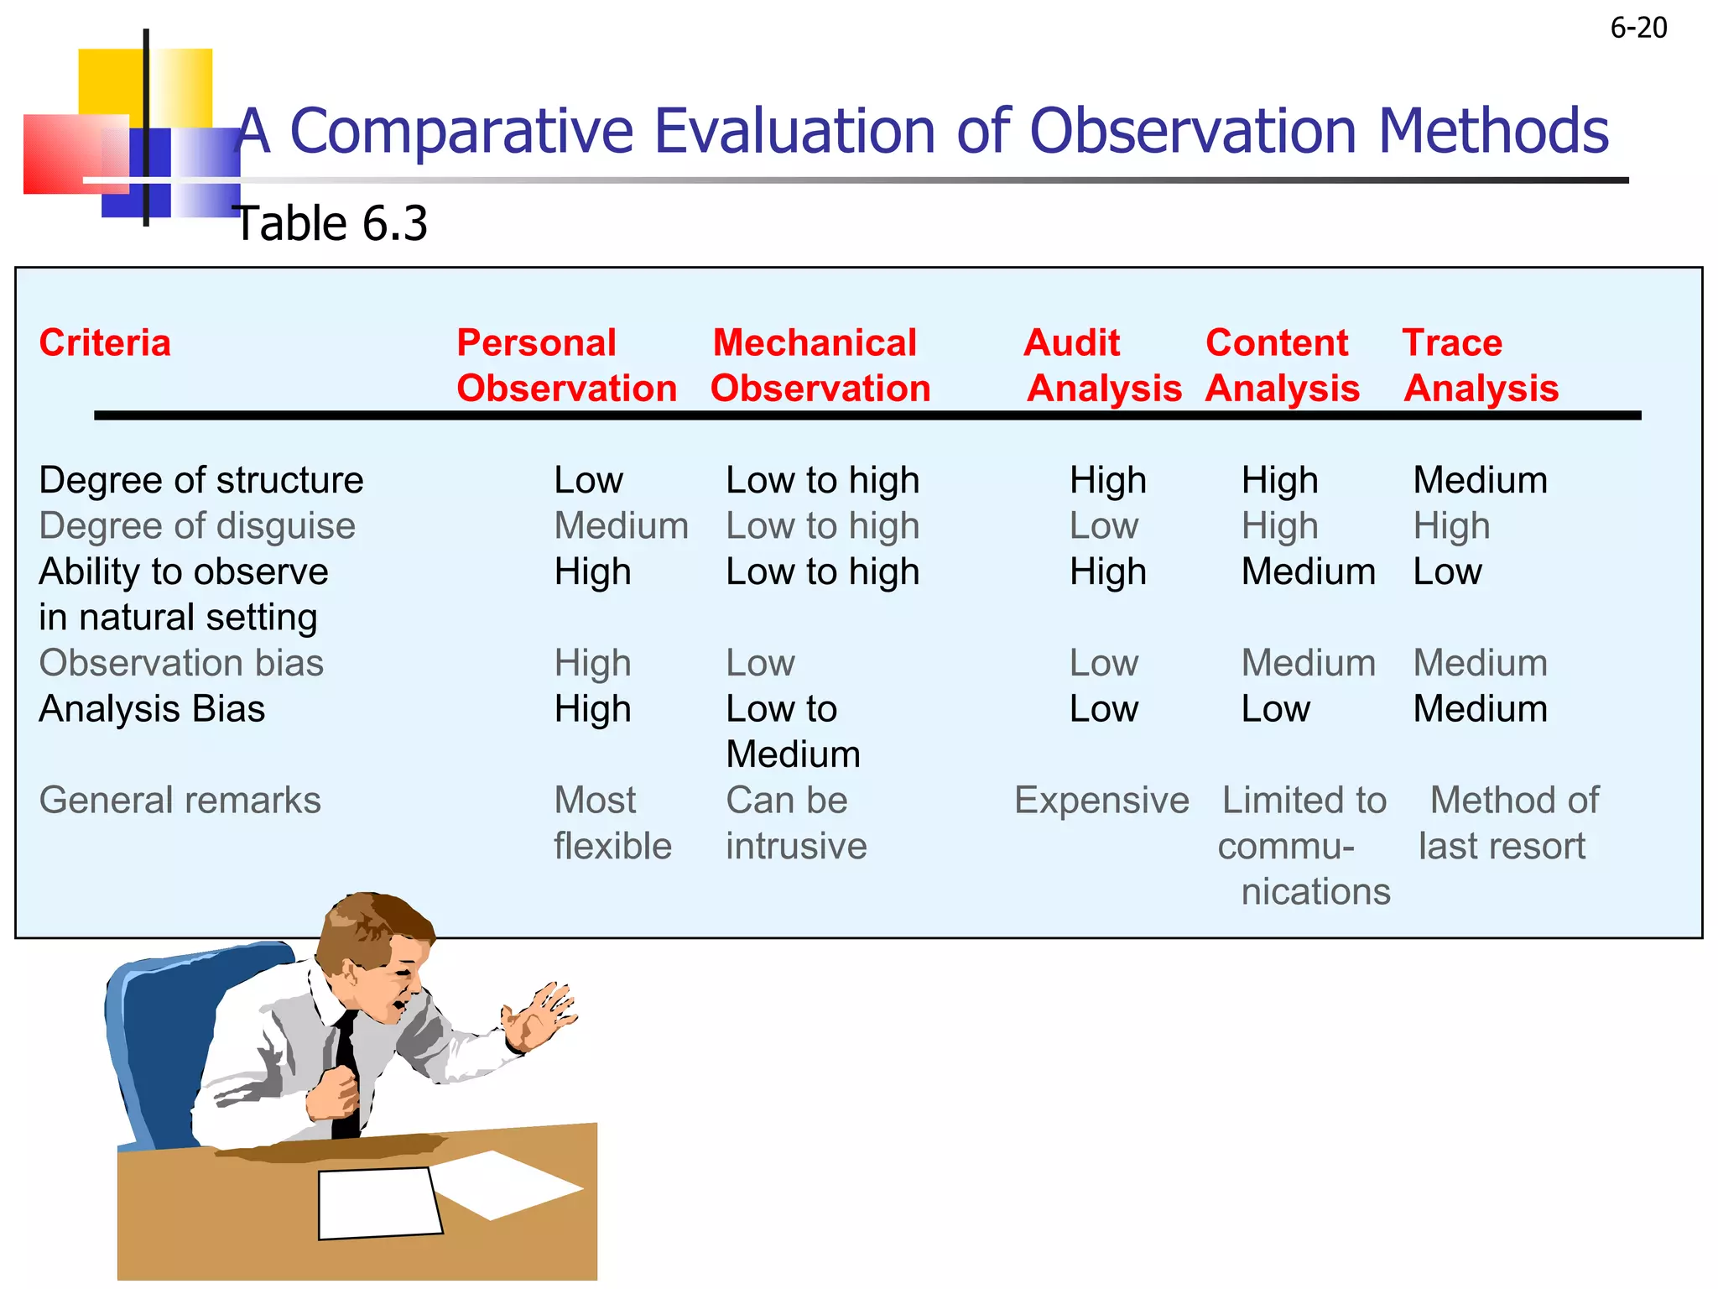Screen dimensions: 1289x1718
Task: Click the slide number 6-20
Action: pyautogui.click(x=1638, y=28)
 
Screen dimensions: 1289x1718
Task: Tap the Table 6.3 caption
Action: pyautogui.click(x=331, y=224)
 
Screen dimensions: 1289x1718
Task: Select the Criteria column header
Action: pyautogui.click(x=105, y=343)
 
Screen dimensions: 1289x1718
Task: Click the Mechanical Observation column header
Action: pyautogui.click(x=820, y=366)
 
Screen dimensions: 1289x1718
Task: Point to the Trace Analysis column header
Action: pyautogui.click(x=1481, y=366)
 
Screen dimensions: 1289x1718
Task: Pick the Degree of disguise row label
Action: pyautogui.click(x=197, y=526)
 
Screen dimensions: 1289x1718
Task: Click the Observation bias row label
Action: pyautogui.click(x=181, y=663)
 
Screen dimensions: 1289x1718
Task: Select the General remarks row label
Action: pyautogui.click(x=180, y=801)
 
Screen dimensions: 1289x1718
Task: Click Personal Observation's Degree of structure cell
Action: pyautogui.click(x=588, y=481)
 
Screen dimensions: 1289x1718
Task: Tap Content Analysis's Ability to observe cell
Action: pyautogui.click(x=1308, y=572)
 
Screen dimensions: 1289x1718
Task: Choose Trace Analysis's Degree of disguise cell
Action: pyautogui.click(x=1451, y=526)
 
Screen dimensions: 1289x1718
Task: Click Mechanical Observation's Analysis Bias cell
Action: pyautogui.click(x=793, y=732)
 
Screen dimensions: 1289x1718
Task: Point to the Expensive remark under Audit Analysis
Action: pyautogui.click(x=1101, y=801)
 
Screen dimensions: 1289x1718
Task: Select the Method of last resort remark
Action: pyautogui.click(x=1507, y=823)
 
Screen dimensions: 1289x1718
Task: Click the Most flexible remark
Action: pyautogui.click(x=612, y=823)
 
